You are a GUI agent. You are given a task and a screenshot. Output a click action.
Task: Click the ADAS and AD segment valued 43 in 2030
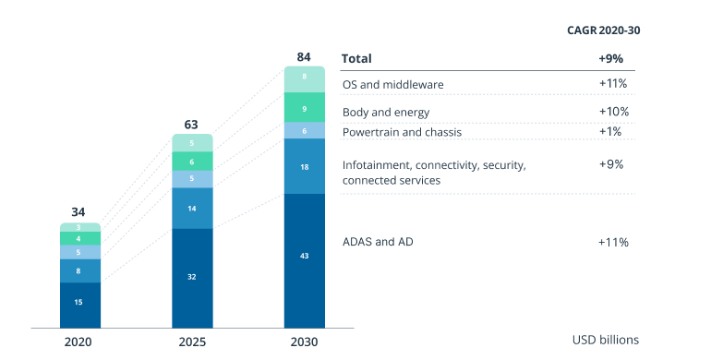(304, 256)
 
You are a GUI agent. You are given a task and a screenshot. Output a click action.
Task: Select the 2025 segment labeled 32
(192, 275)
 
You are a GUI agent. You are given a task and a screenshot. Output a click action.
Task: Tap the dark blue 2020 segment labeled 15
(80, 302)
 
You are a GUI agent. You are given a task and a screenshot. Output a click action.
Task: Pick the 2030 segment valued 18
(304, 166)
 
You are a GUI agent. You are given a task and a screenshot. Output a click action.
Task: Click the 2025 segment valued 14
(192, 209)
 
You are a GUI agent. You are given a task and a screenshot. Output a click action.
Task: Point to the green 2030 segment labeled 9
(304, 108)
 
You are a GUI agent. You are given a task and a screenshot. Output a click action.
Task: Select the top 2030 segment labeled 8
(304, 78)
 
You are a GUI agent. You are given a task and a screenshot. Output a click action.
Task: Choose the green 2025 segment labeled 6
(192, 162)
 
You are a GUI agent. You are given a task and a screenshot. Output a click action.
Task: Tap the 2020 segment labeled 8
(80, 271)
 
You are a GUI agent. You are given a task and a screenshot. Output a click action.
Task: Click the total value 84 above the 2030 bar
(304, 57)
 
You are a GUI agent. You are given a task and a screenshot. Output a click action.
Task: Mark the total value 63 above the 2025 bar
(192, 124)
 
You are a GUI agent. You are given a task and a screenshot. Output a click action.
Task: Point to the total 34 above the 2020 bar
(80, 212)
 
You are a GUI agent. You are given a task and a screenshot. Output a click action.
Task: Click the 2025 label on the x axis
(192, 342)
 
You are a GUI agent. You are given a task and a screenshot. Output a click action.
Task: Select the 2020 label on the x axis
(80, 342)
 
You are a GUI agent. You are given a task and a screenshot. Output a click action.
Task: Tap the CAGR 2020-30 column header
(603, 30)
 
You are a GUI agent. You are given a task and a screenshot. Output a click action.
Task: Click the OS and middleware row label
(392, 85)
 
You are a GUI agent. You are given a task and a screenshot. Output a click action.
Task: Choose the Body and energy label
(385, 113)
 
